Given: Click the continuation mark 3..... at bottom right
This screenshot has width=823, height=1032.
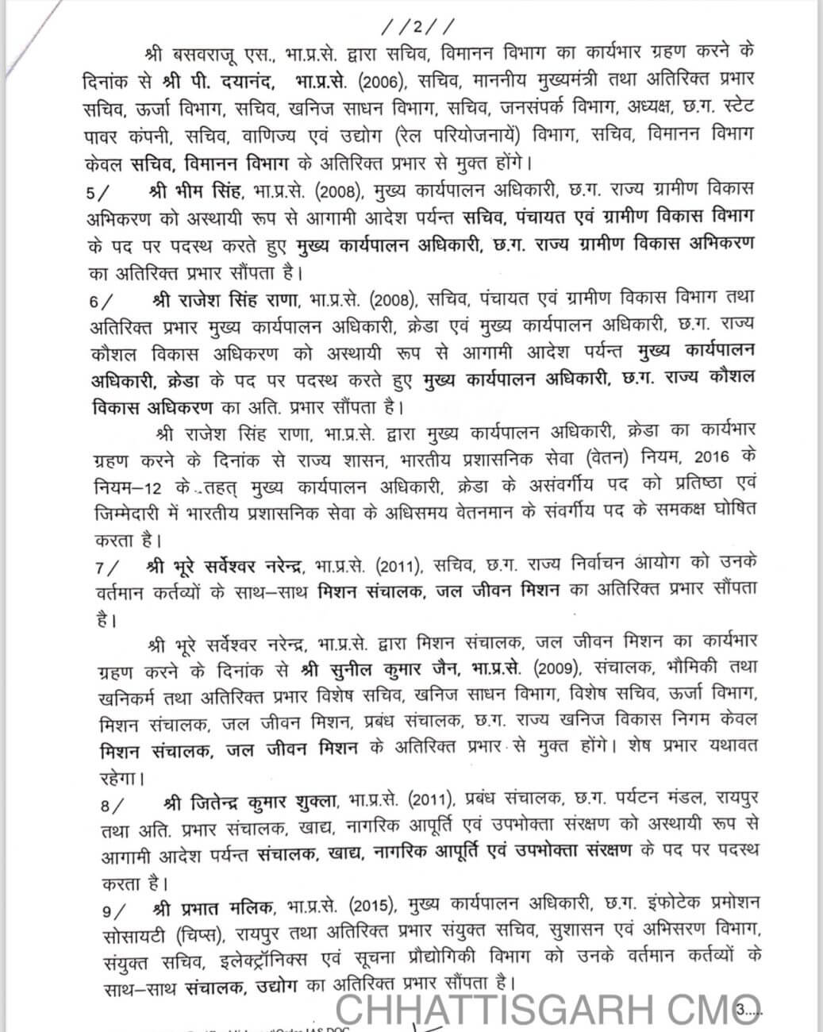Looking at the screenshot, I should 749,1011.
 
